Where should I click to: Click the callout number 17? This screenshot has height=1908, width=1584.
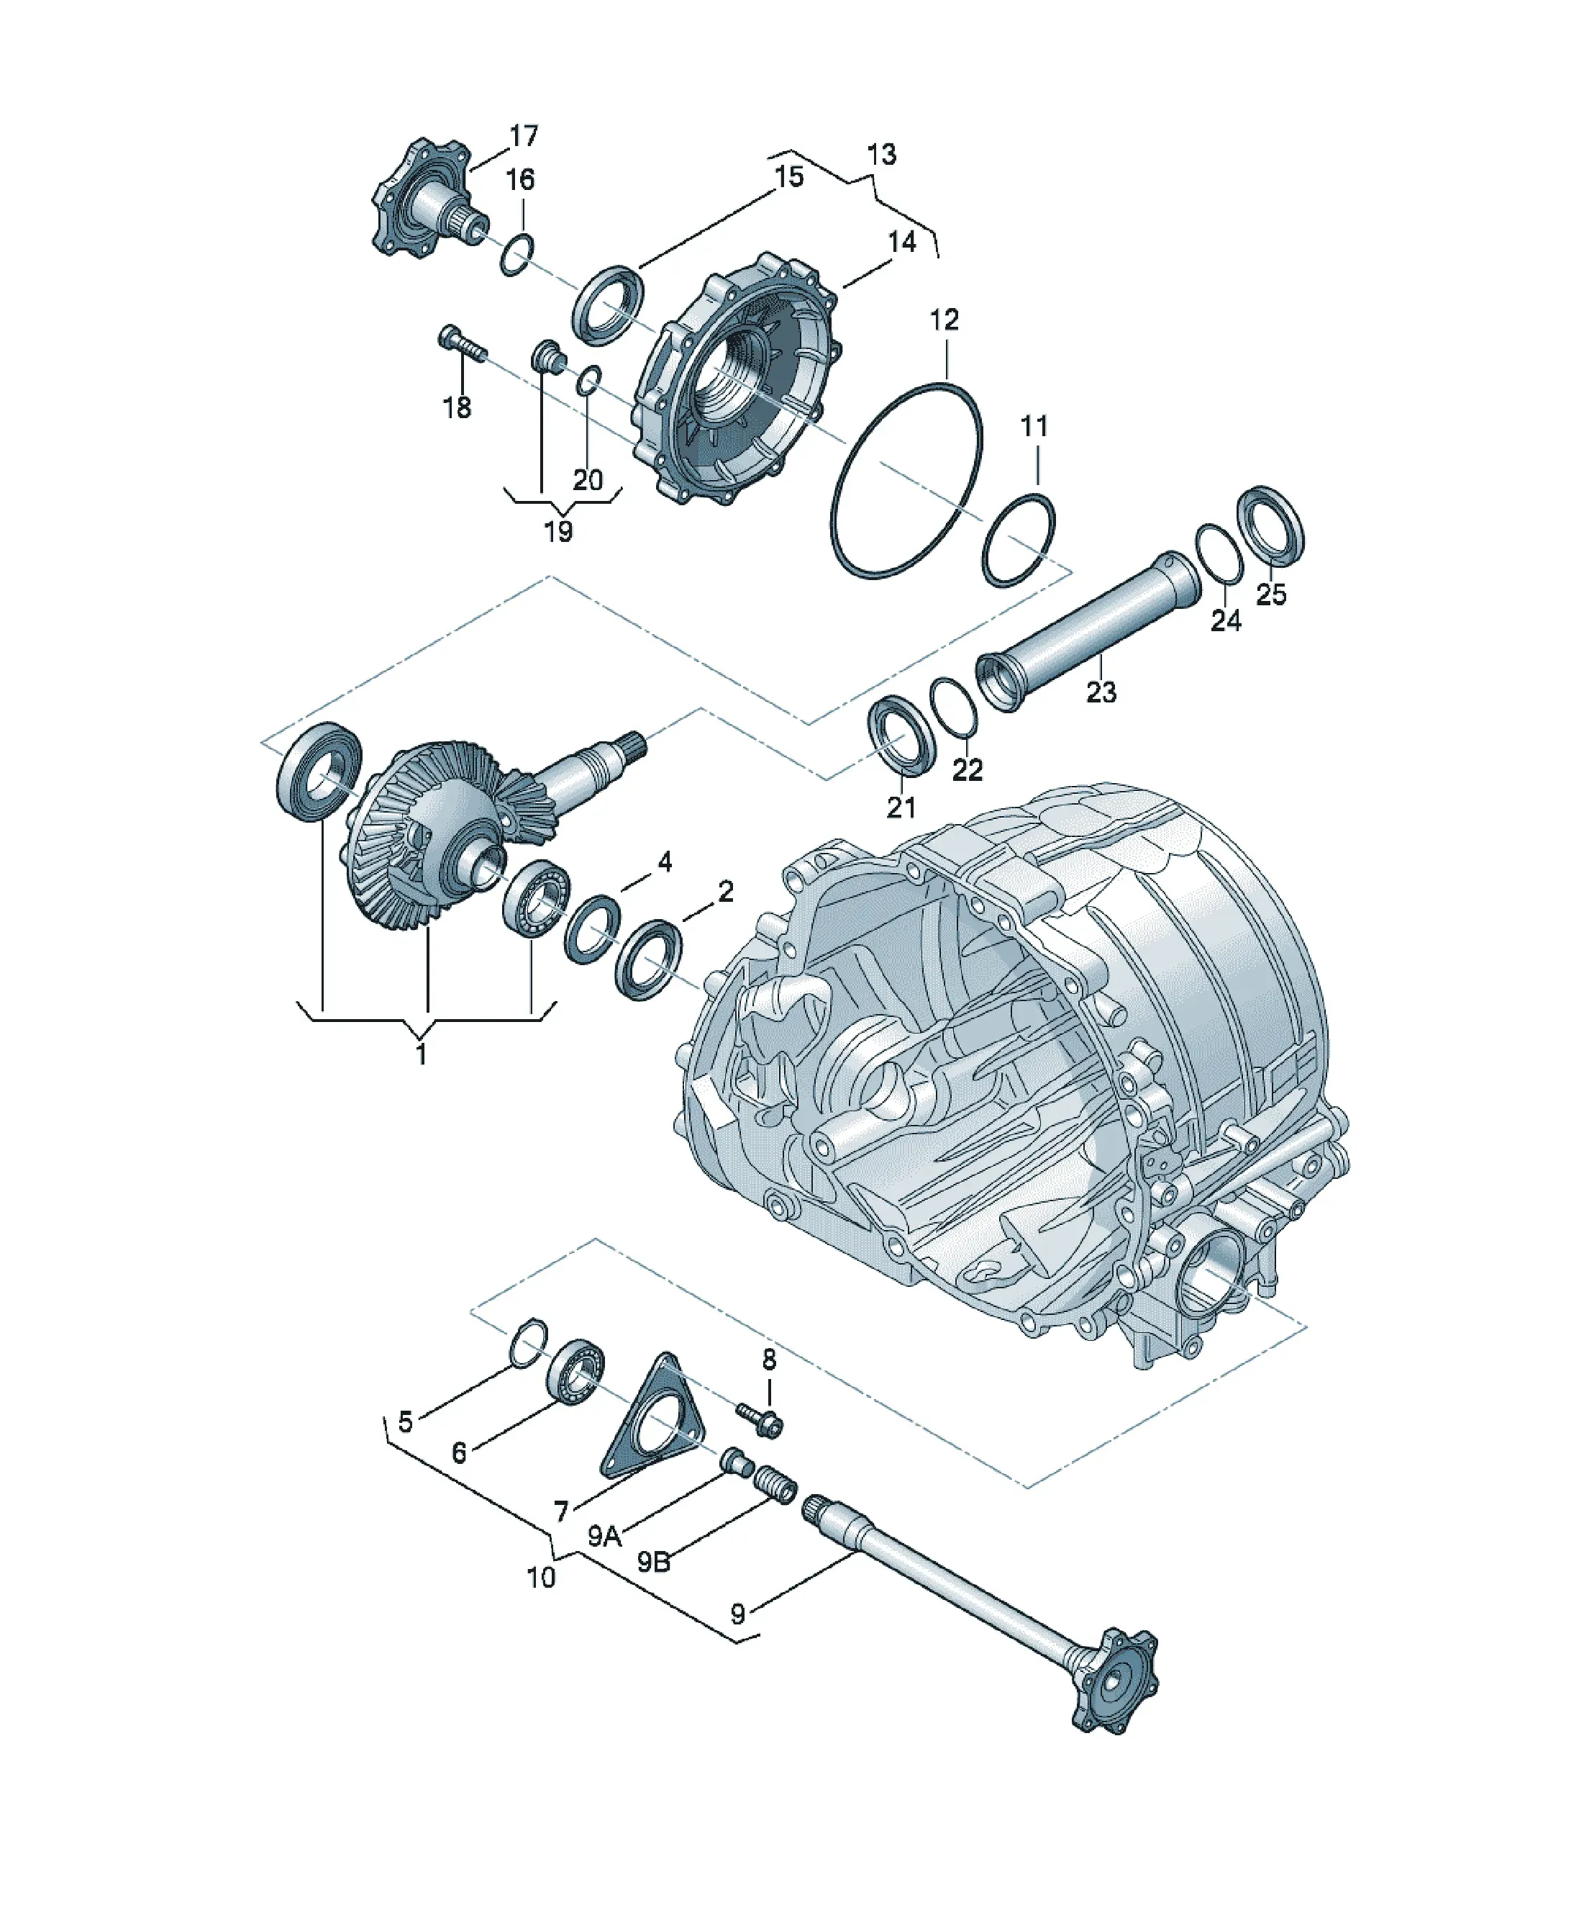pos(524,136)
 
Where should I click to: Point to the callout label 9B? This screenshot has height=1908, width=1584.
pos(653,1562)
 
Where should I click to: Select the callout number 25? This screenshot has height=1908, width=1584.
pos(1270,594)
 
